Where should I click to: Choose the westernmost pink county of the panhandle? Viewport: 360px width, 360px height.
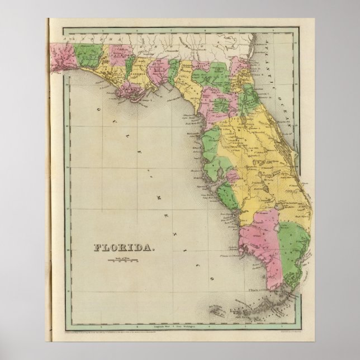61,58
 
